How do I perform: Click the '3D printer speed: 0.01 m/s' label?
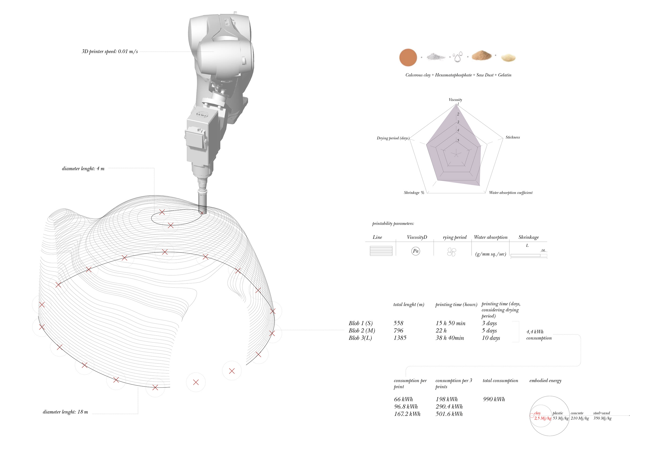coord(110,52)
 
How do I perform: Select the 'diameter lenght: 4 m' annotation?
coord(83,168)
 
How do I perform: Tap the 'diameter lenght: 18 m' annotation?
coord(65,412)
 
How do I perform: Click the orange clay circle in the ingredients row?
coord(408,57)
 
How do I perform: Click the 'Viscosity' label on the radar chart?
coord(455,99)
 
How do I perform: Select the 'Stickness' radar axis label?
coord(513,137)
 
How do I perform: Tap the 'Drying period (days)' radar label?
coord(393,138)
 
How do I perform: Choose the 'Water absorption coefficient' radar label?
coord(511,193)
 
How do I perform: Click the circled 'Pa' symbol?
coord(415,251)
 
